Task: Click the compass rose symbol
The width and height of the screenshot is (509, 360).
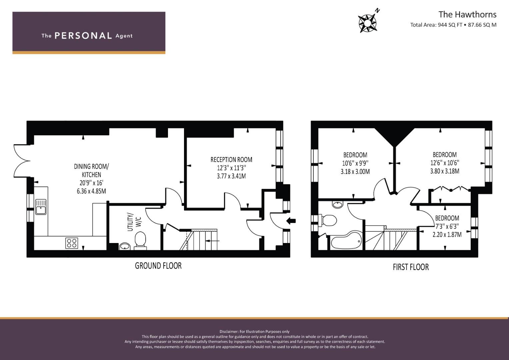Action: [x=367, y=23]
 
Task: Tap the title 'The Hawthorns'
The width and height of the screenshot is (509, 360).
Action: [x=467, y=15]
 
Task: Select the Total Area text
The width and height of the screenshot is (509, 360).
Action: [x=453, y=25]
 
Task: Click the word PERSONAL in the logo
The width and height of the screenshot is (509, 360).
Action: [x=83, y=36]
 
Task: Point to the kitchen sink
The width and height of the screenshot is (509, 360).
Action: [x=41, y=207]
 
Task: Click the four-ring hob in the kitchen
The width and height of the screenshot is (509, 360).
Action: [x=72, y=243]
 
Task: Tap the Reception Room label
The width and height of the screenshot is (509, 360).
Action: [x=231, y=160]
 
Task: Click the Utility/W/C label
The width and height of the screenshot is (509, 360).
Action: [x=134, y=222]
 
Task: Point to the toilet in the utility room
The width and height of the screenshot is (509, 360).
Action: [x=140, y=240]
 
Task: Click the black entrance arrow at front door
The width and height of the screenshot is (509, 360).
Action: [x=291, y=220]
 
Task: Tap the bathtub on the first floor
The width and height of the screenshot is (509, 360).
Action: [x=346, y=240]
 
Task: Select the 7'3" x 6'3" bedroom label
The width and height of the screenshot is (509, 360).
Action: [x=447, y=226]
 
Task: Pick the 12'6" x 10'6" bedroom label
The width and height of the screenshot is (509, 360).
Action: [x=445, y=163]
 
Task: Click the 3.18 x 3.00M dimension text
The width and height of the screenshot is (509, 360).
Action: [x=355, y=172]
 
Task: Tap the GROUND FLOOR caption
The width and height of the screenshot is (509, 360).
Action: [x=158, y=266]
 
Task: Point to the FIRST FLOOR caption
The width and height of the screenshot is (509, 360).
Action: [x=411, y=267]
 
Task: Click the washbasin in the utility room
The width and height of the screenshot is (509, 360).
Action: [x=125, y=246]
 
